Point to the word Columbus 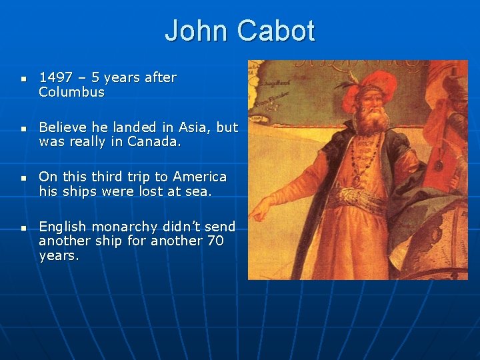coord(72,92)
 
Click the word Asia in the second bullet coord(192,127)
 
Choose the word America coord(199,177)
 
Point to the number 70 coord(215,241)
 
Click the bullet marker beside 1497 coord(23,79)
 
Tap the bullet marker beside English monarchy coord(23,228)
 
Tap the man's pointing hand coord(261,209)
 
